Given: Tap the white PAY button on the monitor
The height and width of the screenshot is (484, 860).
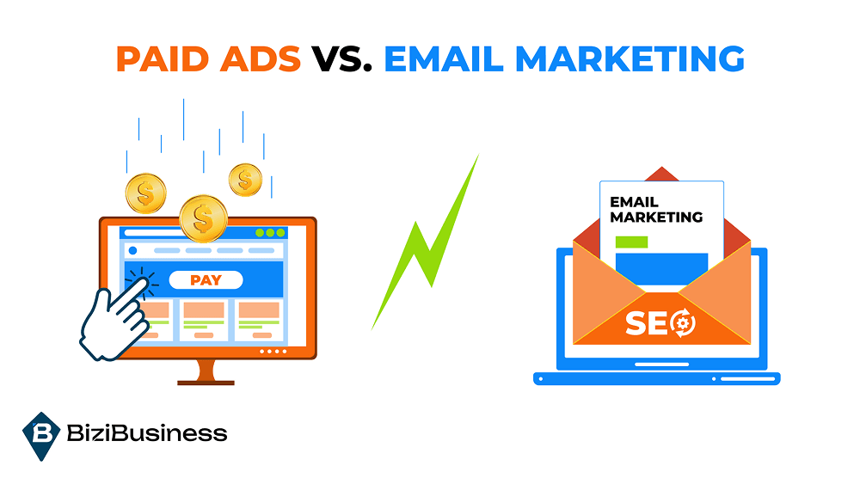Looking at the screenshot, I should pyautogui.click(x=206, y=279).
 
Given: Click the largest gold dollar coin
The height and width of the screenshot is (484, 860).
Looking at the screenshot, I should pyautogui.click(x=204, y=218).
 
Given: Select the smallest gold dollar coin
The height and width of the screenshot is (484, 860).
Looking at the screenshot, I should pyautogui.click(x=245, y=180).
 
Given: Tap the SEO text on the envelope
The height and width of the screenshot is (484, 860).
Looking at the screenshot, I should pyautogui.click(x=649, y=324).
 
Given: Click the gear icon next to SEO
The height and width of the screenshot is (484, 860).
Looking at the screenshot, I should pyautogui.click(x=685, y=324).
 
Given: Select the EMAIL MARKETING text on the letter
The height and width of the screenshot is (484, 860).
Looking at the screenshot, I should pyautogui.click(x=655, y=210).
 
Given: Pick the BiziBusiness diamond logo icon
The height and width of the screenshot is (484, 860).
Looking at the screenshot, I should pyautogui.click(x=41, y=435).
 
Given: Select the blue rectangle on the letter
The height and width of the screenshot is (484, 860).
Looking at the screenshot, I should pyautogui.click(x=661, y=267).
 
